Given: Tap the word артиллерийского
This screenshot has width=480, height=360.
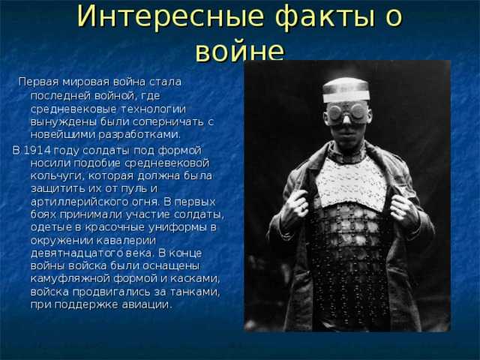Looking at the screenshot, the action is pyautogui.click(x=79, y=202).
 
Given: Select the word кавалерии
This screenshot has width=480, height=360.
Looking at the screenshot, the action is pyautogui.click(x=126, y=240).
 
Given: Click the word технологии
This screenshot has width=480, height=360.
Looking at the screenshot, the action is pyautogui.click(x=153, y=109).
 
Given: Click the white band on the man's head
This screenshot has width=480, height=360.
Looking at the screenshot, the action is pyautogui.click(x=346, y=97).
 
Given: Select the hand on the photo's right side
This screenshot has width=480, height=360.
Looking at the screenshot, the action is pyautogui.click(x=403, y=208).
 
